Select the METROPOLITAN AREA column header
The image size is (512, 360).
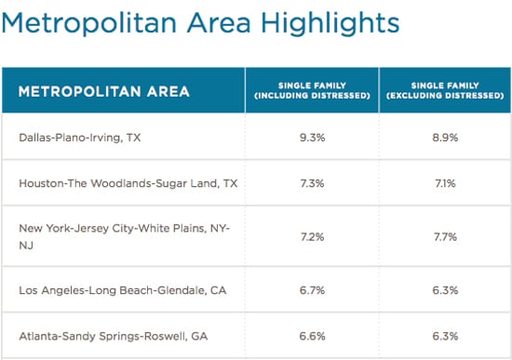pos(104,91)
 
